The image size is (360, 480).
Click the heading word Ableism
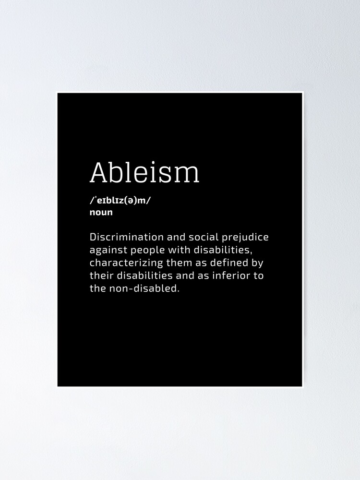pos(144,172)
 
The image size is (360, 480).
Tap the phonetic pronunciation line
pos(120,200)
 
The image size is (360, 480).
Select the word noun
pos(101,212)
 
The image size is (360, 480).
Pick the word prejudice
pos(245,238)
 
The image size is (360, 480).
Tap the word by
pos(258,264)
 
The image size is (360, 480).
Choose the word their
pos(101,276)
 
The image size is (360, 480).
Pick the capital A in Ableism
pos(98,172)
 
